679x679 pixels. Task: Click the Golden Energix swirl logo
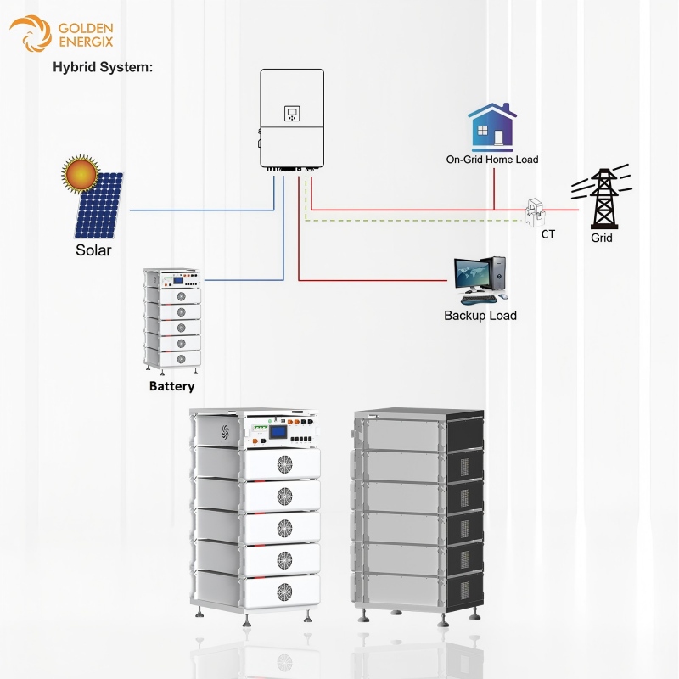point(31,33)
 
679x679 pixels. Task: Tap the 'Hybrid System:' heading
point(103,67)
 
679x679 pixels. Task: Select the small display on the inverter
point(292,114)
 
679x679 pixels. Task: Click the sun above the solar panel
point(81,173)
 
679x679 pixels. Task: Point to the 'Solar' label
point(93,250)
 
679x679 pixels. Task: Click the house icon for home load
point(492,126)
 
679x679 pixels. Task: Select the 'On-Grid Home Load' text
point(492,160)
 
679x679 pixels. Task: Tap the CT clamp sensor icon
point(536,211)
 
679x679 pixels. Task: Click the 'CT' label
point(547,234)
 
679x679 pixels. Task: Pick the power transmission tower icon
point(603,197)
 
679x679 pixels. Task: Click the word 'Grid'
point(602,238)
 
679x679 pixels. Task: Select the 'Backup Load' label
point(480,315)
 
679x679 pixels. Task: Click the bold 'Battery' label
point(172,386)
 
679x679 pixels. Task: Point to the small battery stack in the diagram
point(172,321)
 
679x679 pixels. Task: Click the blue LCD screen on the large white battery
point(279,433)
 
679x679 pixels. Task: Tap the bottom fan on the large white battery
point(284,592)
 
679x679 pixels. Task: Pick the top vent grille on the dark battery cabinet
point(464,466)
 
